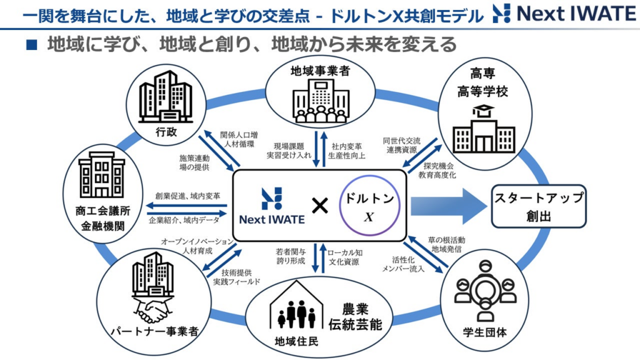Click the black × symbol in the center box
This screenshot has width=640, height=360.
(x=319, y=206)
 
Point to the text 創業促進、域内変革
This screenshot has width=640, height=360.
(x=187, y=196)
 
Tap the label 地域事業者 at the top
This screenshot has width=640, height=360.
(x=319, y=71)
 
